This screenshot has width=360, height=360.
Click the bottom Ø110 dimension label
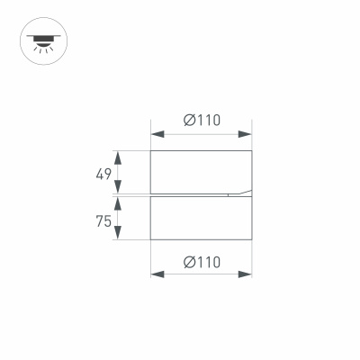coord(202,262)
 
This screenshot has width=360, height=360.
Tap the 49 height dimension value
coord(104,172)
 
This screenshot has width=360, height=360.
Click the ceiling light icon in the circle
coord(41,41)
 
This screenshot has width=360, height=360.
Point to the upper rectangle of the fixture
coord(201,171)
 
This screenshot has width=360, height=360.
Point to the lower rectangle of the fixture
coord(201,218)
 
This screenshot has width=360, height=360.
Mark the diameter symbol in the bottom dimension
coord(189,262)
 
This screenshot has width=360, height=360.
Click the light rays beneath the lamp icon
coord(41,49)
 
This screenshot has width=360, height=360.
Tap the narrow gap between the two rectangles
coord(189,194)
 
